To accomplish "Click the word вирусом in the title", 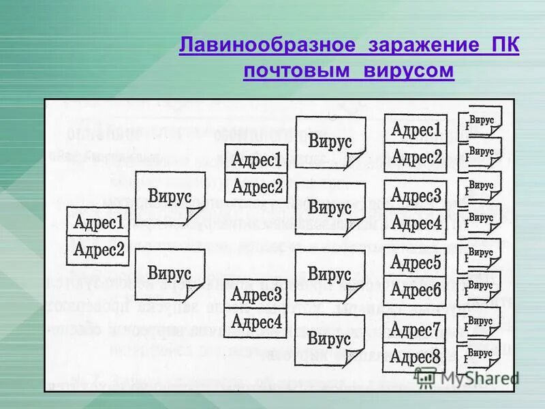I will (408, 71).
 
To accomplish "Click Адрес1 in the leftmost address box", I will (98, 222).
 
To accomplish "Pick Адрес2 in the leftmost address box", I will (98, 250).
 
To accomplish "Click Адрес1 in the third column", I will (256, 160).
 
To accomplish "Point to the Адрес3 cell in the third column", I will (256, 294).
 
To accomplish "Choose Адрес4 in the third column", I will (256, 321).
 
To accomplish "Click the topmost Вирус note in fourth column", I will (330, 142).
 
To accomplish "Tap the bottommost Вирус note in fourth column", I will (330, 338).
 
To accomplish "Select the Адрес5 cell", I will (416, 262).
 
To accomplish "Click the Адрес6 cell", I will (416, 290).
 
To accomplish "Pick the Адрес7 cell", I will (416, 331).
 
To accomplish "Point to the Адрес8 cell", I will (416, 357).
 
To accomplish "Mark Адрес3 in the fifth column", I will (416, 196).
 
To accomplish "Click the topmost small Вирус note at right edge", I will (482, 121).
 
